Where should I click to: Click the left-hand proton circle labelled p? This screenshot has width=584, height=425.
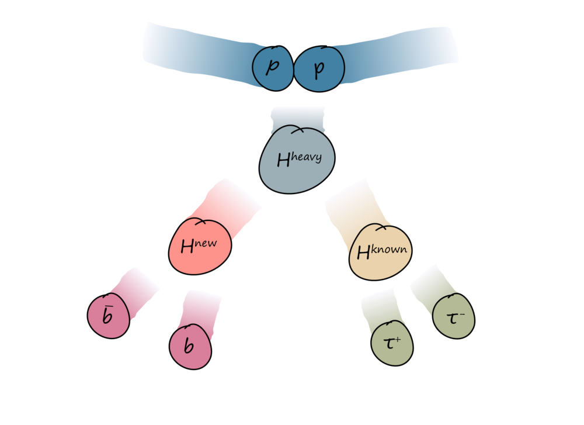point(272,69)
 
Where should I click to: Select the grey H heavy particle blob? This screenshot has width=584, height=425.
point(298,158)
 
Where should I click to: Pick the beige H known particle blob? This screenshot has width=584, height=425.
point(380,252)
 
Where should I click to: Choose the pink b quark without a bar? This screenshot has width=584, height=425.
point(189,346)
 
